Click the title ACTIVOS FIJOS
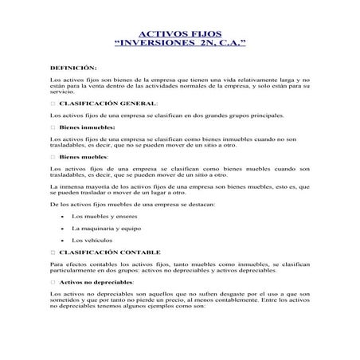point(180,34)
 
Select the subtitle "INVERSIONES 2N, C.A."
point(180,45)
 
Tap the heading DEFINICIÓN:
point(72,69)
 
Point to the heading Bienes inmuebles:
point(87,127)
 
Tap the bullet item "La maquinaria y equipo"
point(104,228)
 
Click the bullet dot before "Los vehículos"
point(62,240)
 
